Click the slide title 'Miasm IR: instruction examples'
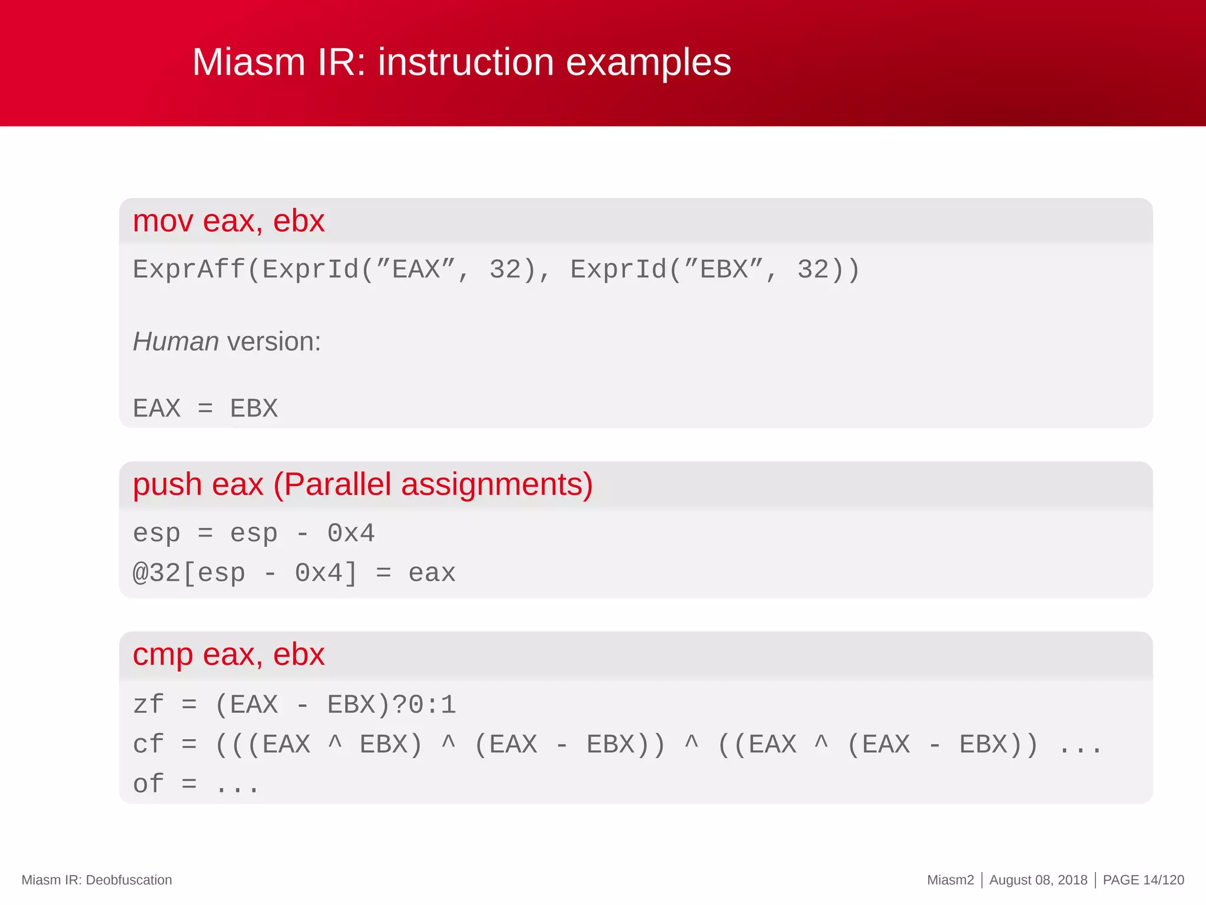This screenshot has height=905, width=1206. click(461, 62)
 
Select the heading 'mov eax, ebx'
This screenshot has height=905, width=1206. click(228, 222)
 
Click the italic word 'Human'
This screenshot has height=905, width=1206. click(175, 342)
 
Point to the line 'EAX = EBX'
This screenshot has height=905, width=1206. click(205, 408)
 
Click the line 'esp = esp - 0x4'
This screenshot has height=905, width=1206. click(253, 534)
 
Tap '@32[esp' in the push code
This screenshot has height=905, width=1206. click(188, 573)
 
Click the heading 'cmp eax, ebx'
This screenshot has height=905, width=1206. click(228, 655)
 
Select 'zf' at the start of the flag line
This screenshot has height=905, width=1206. click(148, 705)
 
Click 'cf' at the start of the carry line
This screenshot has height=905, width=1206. click(148, 744)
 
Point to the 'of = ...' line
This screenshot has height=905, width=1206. click(196, 784)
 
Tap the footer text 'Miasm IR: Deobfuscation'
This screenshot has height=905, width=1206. click(97, 880)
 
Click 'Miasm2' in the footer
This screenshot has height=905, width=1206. click(950, 880)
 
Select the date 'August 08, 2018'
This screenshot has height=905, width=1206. click(1038, 880)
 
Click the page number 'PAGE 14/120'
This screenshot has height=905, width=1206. click(1143, 880)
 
